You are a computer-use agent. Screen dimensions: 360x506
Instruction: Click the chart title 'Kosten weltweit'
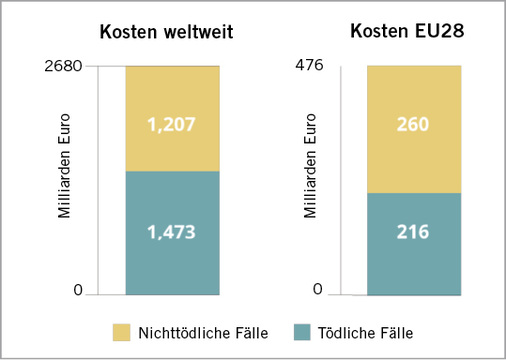[166, 32]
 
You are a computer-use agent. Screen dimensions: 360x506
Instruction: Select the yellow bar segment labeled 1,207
[171, 100]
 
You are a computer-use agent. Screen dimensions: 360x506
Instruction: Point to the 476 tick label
[311, 66]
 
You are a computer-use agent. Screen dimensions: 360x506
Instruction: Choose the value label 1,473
[171, 233]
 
